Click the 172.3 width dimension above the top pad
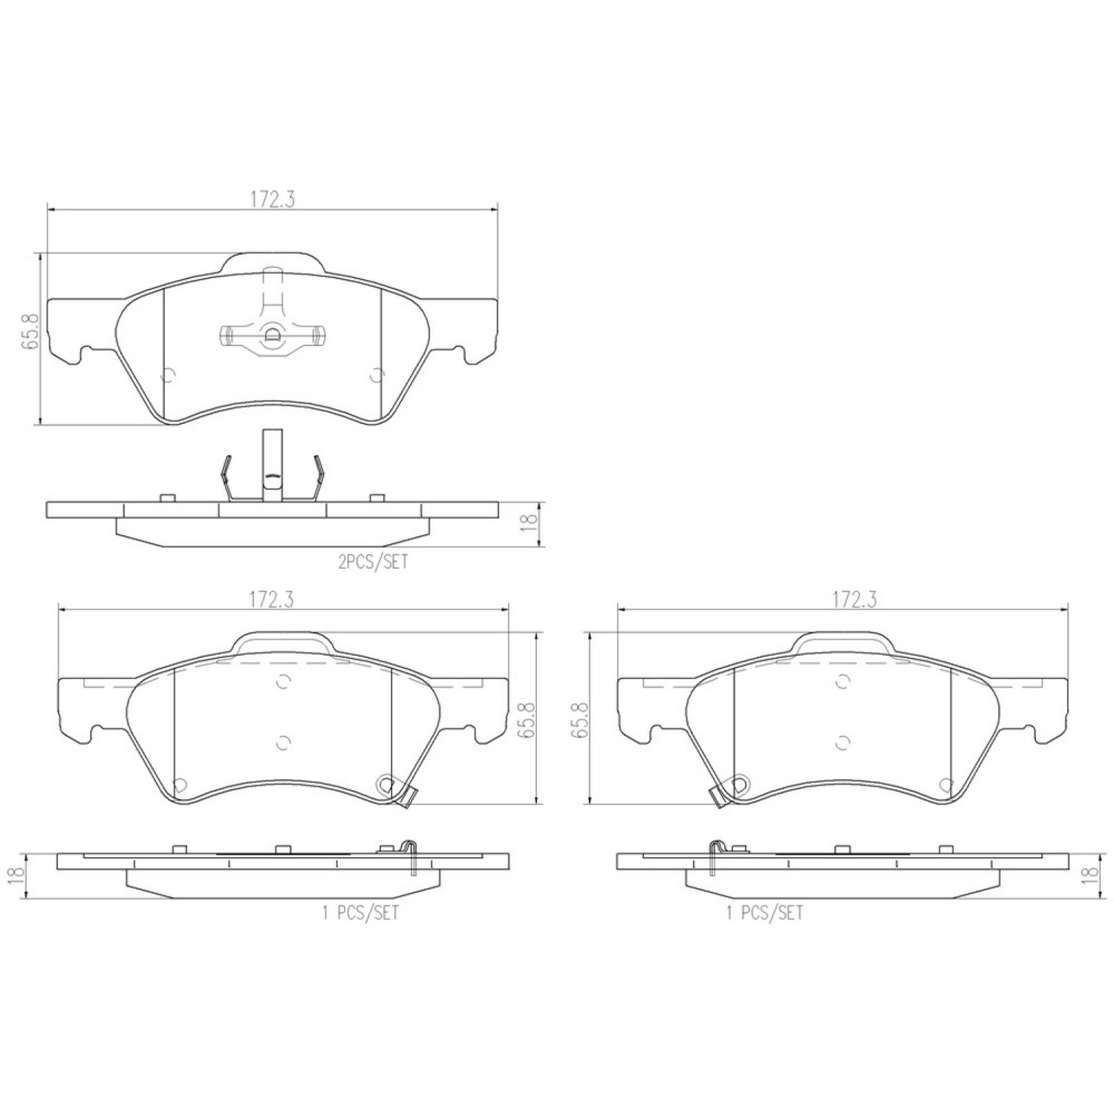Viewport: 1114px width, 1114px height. click(x=273, y=199)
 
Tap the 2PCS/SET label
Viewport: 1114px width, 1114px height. click(x=373, y=562)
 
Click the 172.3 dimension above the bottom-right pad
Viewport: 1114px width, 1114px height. click(x=855, y=599)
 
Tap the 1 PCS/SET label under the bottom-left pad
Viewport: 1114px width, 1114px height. click(x=361, y=912)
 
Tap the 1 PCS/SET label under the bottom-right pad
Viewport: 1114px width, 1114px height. click(x=764, y=912)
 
